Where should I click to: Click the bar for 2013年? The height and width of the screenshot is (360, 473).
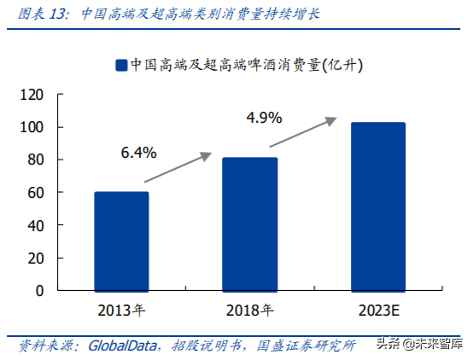(x=121, y=241)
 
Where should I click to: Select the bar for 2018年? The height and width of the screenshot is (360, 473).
(x=250, y=224)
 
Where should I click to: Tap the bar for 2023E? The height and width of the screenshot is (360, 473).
(x=378, y=206)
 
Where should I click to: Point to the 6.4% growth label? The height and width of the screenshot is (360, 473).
(x=138, y=154)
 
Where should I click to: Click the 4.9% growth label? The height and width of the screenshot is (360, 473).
(x=264, y=118)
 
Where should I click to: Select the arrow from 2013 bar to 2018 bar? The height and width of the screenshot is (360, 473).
(x=177, y=168)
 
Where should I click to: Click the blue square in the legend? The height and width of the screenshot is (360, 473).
(x=121, y=65)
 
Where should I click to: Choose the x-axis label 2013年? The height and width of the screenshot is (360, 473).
(x=121, y=309)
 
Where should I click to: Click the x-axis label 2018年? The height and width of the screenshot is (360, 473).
(x=250, y=309)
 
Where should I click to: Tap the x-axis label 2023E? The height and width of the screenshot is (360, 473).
(x=378, y=309)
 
